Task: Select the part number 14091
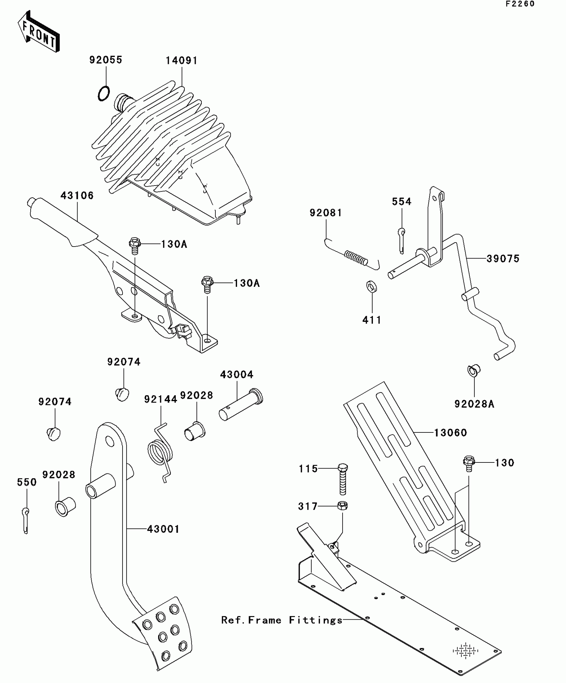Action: point(181,61)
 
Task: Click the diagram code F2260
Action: point(520,4)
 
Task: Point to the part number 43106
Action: point(77,196)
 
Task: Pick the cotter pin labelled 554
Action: point(402,240)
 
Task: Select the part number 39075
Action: point(503,259)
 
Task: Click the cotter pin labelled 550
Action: point(26,520)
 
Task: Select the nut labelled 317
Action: point(342,506)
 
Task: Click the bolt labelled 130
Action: point(468,463)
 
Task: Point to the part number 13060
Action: point(450,433)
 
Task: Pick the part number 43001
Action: point(163,529)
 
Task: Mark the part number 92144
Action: point(160,399)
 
